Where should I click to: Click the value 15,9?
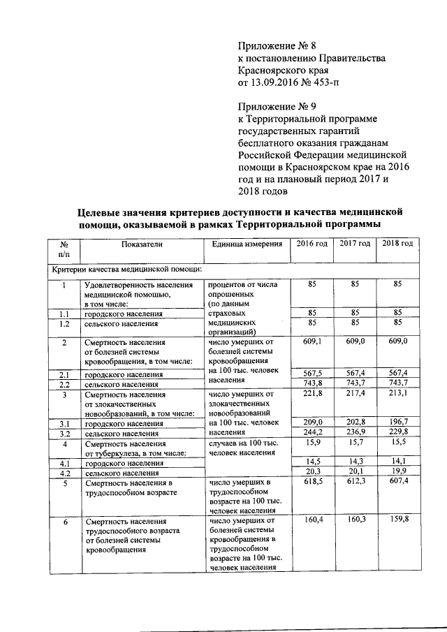tap(312, 443)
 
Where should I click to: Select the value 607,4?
tap(397, 483)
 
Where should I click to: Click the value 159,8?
tap(397, 520)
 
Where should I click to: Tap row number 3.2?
tap(64, 433)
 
